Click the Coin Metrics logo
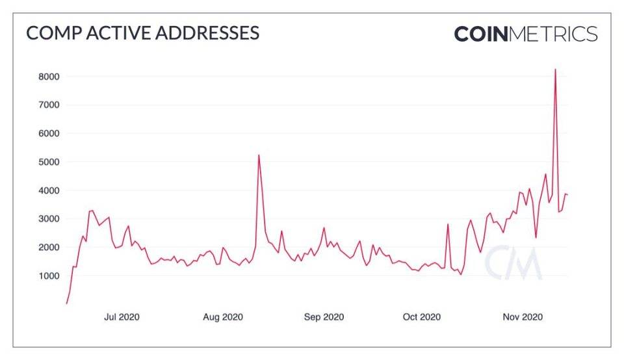525,34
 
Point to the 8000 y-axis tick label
49,77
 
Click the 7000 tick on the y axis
49,105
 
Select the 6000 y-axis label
49,133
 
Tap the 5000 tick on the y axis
49,162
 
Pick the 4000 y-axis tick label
49,190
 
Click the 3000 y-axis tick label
49,219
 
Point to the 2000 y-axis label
49,248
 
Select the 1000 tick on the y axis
49,276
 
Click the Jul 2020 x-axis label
122,317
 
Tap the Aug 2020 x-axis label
223,317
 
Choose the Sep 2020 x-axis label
324,317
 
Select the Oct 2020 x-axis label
422,317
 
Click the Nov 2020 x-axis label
523,317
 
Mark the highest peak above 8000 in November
555,70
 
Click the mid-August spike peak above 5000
259,155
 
